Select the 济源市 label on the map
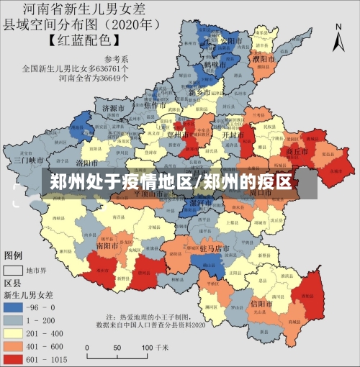[114, 108]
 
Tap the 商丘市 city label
[297, 153]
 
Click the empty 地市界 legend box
[14, 271]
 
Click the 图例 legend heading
[14, 255]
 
